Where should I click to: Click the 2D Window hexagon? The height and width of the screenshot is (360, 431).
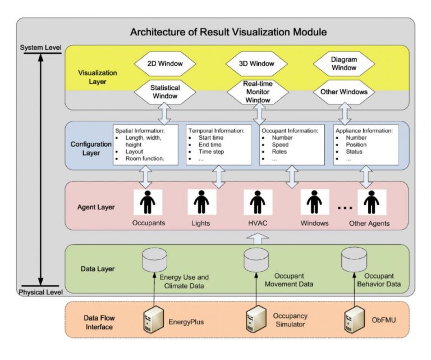[164, 63]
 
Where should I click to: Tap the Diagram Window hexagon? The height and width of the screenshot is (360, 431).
[343, 63]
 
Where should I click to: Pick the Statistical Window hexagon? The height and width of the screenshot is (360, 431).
[164, 92]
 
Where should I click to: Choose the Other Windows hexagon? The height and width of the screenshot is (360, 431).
[343, 92]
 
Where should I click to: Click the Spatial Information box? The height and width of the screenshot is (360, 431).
[145, 144]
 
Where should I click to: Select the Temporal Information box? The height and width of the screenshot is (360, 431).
[218, 144]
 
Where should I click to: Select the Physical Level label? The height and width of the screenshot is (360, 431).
[40, 292]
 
